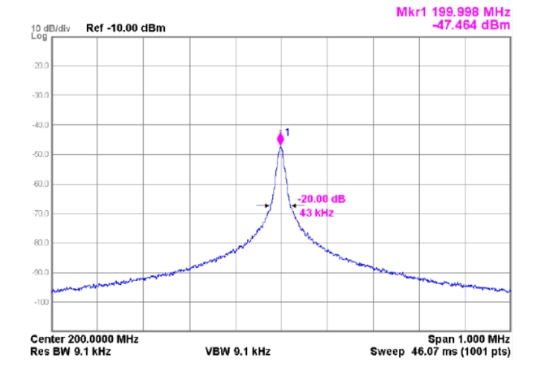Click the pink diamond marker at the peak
281,139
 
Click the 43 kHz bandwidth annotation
317,212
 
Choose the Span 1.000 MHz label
469,339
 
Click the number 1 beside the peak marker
288,132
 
